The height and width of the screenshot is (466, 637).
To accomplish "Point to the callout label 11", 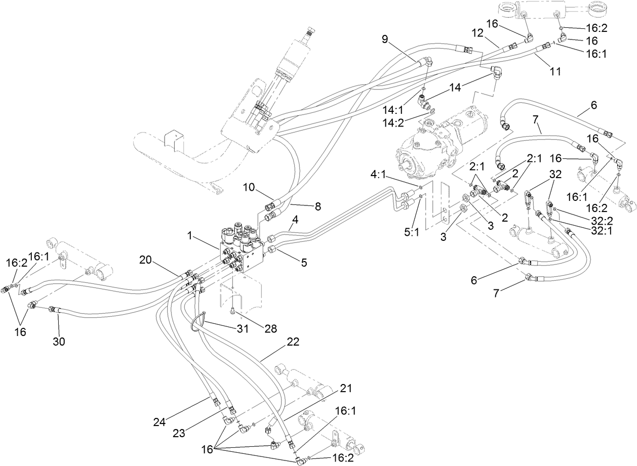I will (x=555, y=71).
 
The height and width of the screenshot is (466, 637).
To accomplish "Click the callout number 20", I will (x=146, y=260).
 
